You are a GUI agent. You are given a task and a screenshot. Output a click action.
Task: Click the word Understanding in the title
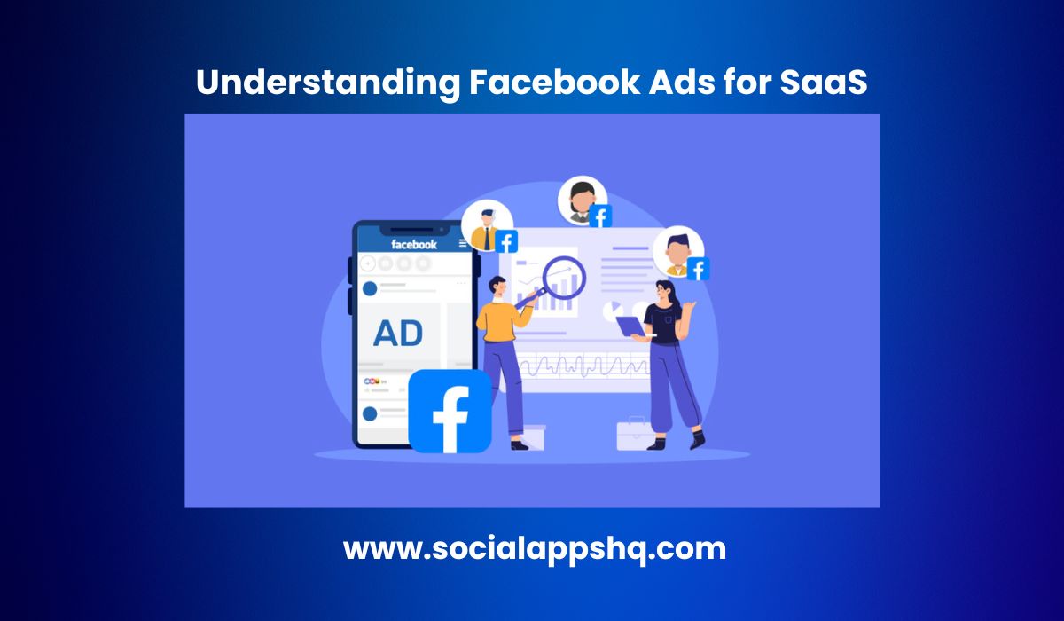coord(325,82)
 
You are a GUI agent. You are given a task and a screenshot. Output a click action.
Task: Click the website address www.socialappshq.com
coord(534,548)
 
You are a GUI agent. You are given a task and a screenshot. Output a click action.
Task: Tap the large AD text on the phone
coord(398,334)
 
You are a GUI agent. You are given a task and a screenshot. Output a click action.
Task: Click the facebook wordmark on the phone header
coord(414,244)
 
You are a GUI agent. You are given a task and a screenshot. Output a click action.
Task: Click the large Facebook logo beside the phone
coord(450,412)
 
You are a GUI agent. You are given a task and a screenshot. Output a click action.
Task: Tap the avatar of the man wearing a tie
coord(487,226)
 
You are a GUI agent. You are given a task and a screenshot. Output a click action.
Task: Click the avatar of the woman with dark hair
coord(582,200)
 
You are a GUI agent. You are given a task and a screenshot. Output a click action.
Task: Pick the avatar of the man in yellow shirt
coord(677,250)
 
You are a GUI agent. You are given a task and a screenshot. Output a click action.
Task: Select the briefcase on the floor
coord(636,434)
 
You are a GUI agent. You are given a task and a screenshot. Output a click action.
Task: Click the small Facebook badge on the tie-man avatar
coord(507,241)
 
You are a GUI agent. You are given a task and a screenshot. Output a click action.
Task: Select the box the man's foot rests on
coord(532,436)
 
